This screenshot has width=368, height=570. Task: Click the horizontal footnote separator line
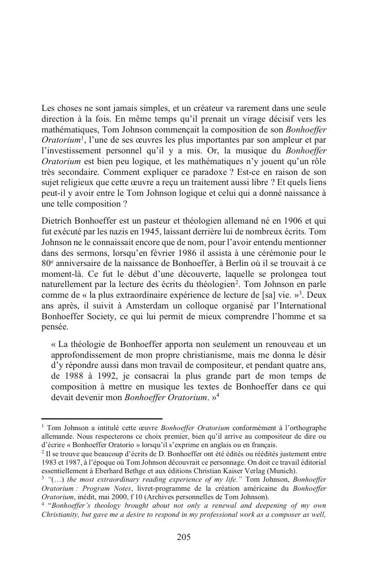tap(102, 418)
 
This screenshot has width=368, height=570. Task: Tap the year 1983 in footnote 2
tap(51, 461)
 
